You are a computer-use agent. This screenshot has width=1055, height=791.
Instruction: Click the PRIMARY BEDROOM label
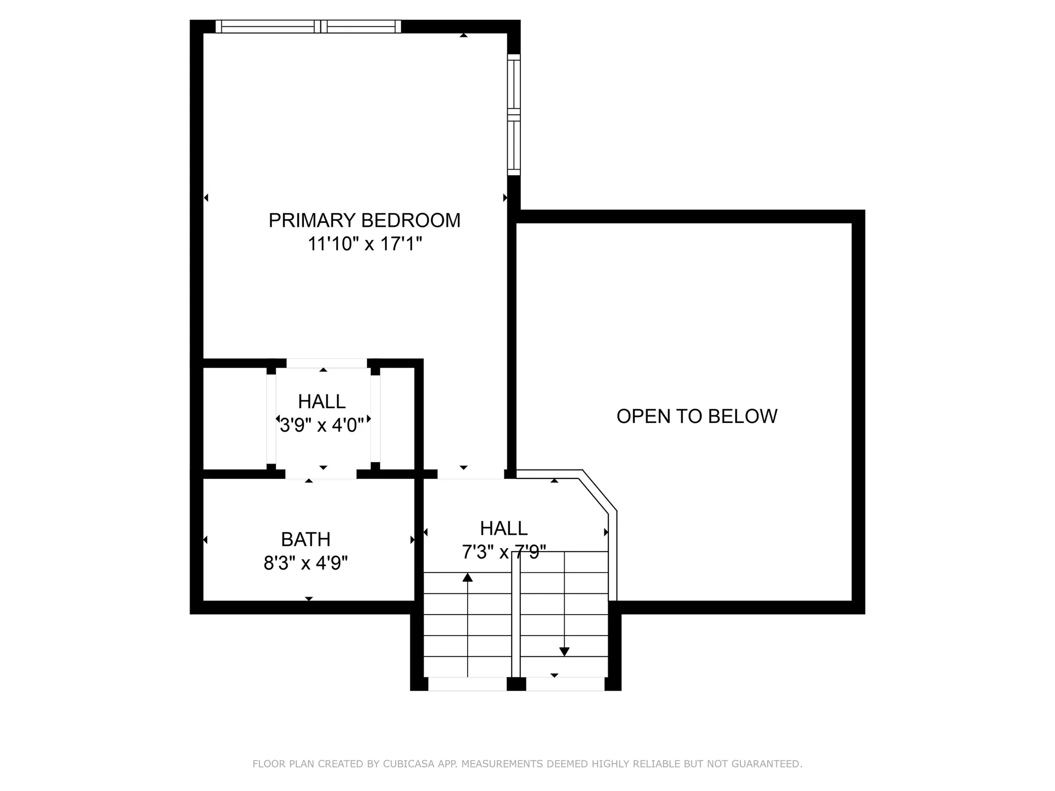click(364, 220)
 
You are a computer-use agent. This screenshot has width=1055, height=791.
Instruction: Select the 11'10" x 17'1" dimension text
click(364, 243)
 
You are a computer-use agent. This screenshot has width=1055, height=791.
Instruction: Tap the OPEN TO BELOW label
click(697, 416)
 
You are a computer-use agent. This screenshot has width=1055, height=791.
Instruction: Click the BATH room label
click(306, 539)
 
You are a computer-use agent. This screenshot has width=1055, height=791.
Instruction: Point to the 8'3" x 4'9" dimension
click(306, 563)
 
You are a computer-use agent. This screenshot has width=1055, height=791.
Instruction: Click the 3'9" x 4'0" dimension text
click(322, 425)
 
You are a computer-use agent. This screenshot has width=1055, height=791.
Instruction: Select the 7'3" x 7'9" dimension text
click(504, 552)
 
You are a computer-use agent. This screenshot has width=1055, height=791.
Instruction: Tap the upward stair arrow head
click(468, 577)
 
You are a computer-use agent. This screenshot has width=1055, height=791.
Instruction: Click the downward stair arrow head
click(564, 651)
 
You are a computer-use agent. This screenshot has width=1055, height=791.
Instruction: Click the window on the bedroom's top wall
click(308, 26)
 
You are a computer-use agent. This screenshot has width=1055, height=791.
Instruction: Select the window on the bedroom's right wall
click(513, 114)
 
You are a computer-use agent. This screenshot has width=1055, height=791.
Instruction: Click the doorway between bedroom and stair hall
click(470, 474)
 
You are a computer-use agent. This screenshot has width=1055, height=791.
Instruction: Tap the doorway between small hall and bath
click(320, 474)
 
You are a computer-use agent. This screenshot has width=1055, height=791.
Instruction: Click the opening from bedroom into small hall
click(327, 363)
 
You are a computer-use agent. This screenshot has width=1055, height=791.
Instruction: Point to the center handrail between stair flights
click(515, 615)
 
